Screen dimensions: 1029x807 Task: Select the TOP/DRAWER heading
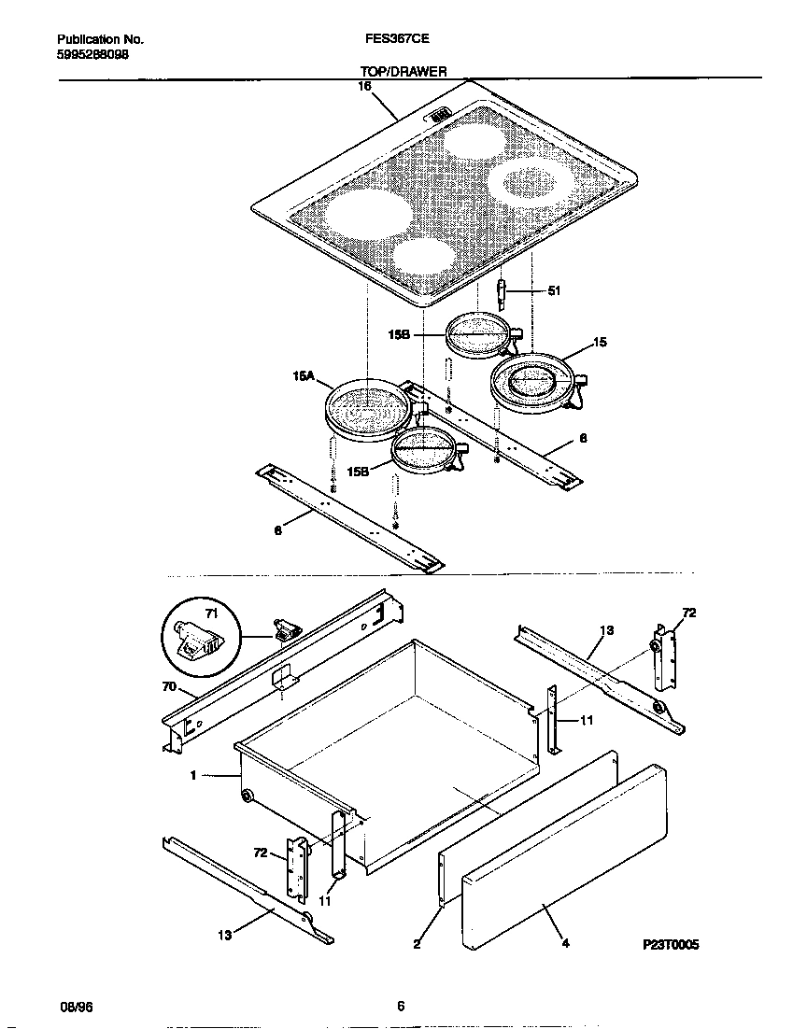403,70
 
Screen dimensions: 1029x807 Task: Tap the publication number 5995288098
93,55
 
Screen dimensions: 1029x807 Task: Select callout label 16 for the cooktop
364,86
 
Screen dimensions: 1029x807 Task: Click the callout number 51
553,291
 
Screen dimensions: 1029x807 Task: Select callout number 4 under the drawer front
565,943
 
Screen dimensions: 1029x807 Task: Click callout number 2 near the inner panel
417,943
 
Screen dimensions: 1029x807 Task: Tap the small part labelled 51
502,293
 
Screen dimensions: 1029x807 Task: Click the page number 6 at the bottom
401,1006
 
